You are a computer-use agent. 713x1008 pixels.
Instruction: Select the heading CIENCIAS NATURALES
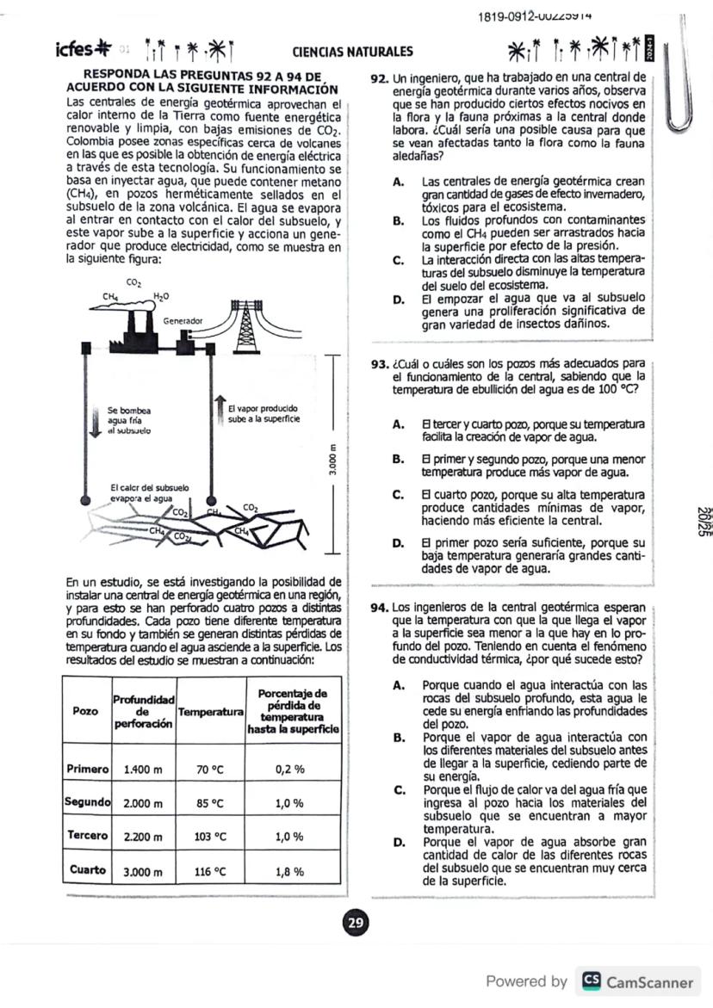352,52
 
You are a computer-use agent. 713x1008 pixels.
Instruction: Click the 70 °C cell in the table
209,770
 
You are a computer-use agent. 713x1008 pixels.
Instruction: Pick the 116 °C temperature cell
209,871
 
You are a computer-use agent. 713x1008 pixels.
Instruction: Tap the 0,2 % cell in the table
290,770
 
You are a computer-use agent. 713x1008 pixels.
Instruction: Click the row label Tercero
86,836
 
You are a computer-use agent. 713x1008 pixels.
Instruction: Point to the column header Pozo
85,712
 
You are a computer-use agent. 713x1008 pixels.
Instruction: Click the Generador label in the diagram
183,320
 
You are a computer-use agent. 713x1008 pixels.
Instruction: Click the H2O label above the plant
161,296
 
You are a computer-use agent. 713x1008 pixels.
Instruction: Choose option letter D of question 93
398,544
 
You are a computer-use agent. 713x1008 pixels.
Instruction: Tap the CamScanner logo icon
592,981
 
